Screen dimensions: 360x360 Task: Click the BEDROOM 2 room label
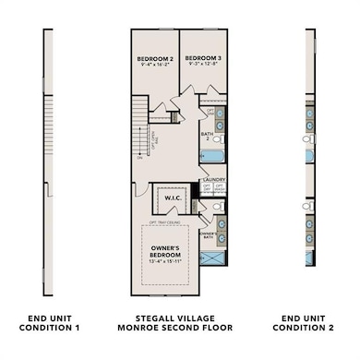pos(155,58)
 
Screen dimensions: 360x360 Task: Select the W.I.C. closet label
pos(172,198)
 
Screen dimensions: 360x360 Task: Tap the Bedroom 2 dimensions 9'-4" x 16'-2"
pos(155,66)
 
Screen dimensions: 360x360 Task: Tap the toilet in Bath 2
pos(220,138)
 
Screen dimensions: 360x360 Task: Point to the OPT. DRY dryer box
pos(207,188)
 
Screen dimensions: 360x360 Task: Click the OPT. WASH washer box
pos(220,188)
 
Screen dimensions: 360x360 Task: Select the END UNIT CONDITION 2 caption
pos(309,322)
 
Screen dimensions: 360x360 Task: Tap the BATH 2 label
pos(208,135)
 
